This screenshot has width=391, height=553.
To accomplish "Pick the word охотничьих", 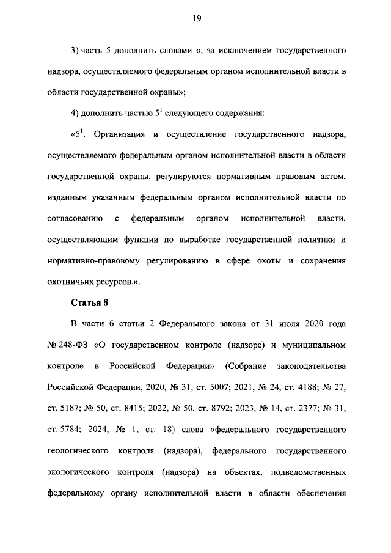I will (x=72, y=282).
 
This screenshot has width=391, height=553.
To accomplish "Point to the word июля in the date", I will (x=282, y=324).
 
